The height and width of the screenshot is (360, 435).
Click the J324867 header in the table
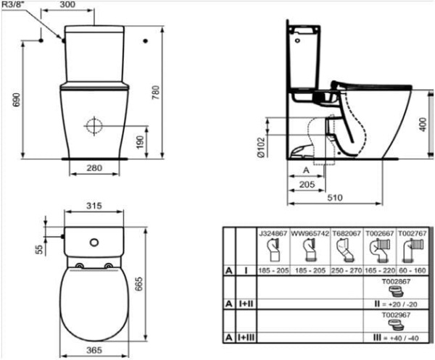(273, 234)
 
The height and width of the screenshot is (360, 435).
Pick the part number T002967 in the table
(395, 315)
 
